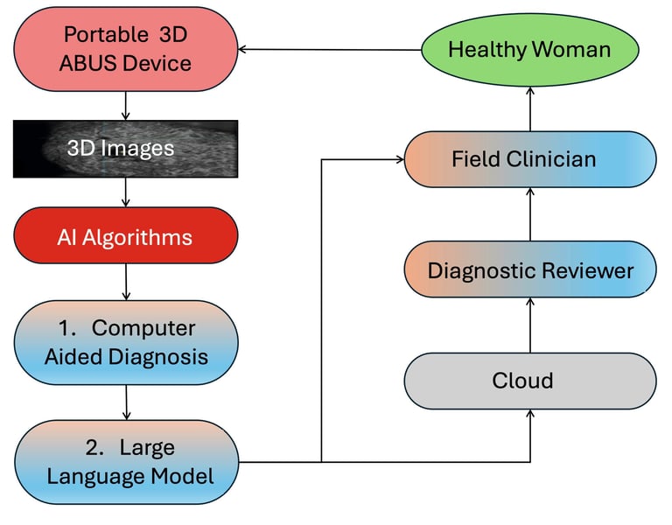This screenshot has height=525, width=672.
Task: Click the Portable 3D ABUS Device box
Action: click(x=127, y=48)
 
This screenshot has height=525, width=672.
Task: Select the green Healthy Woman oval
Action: click(x=529, y=49)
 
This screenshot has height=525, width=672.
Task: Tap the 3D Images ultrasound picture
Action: click(x=125, y=149)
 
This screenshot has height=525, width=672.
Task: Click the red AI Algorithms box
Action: click(x=125, y=237)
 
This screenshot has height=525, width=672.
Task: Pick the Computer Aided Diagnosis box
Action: click(x=127, y=342)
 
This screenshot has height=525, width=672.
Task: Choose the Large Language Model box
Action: click(x=127, y=462)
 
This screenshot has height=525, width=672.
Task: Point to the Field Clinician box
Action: click(x=529, y=159)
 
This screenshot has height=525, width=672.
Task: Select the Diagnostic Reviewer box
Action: click(x=529, y=270)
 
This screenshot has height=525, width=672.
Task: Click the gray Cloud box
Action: click(x=529, y=381)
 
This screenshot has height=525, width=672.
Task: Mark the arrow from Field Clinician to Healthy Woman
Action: click(x=529, y=109)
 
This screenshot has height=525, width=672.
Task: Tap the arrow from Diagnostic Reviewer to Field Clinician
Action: click(x=529, y=214)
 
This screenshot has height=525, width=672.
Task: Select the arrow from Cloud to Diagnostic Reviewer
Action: click(x=529, y=325)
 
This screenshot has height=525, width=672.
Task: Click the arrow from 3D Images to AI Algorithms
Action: click(x=127, y=192)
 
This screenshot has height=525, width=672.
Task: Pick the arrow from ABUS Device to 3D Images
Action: click(x=127, y=105)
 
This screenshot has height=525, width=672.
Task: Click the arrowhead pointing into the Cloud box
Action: click(x=530, y=416)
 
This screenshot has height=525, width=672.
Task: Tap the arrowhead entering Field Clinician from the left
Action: click(x=396, y=160)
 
